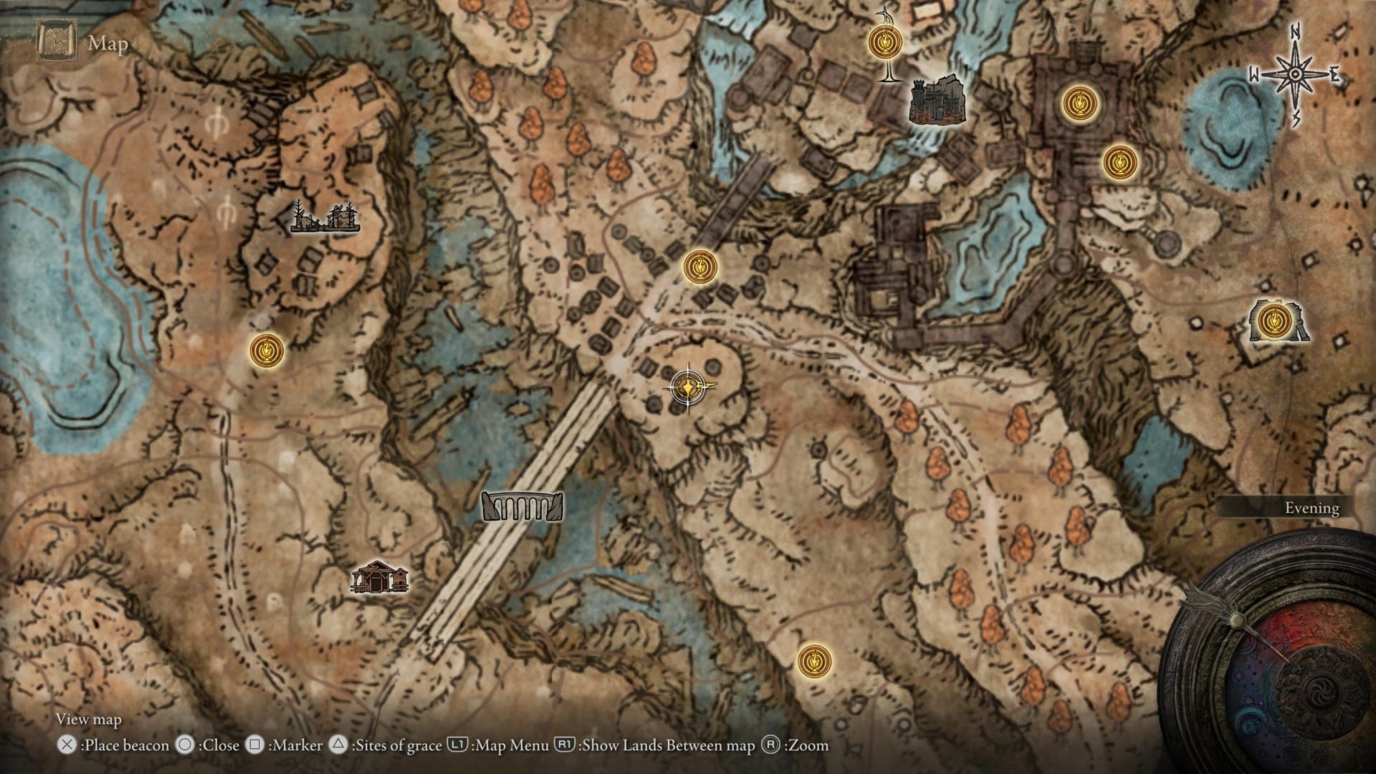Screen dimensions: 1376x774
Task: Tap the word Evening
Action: [x=1311, y=508]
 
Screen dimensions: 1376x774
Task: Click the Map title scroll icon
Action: [x=56, y=42]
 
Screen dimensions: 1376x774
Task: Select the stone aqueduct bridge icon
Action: [x=522, y=507]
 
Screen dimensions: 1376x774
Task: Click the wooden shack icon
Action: [x=379, y=578]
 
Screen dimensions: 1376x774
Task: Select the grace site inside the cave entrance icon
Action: [x=1274, y=320]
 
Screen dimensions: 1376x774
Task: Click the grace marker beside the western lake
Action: [x=267, y=350]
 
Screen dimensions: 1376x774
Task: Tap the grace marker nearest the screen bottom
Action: [x=815, y=661]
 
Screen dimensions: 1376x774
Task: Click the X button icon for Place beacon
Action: [x=67, y=745]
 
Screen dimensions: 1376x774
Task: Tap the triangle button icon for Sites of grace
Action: [x=338, y=745]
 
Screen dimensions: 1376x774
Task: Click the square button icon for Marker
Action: [x=254, y=745]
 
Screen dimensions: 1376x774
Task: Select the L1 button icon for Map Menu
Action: [x=457, y=745]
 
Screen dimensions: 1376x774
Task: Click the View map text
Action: [x=89, y=719]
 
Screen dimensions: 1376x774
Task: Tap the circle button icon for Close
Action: [x=185, y=745]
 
